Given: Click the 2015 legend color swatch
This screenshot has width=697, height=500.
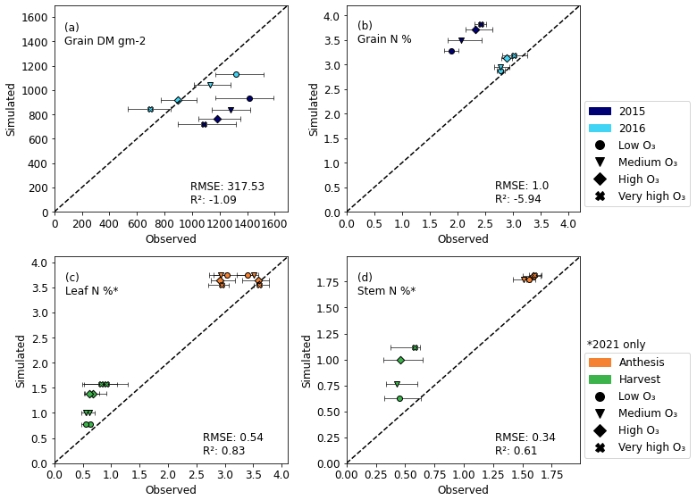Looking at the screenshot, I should (600, 112).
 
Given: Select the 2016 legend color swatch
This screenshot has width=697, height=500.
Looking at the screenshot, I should (600, 129).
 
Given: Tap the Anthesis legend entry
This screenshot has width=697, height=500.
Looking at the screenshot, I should (600, 362).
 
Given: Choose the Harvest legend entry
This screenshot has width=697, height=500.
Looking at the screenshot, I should (600, 379).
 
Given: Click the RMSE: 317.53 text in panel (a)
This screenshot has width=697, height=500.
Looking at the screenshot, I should (227, 187).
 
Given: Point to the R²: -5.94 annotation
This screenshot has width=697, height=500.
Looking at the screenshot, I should (519, 199).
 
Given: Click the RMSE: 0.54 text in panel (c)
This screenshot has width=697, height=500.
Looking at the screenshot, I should (232, 437).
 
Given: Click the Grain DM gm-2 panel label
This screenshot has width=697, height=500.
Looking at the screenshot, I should (105, 41).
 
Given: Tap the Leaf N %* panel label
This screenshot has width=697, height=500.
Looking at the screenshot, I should (91, 291).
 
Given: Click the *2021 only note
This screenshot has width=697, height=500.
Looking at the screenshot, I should (616, 345).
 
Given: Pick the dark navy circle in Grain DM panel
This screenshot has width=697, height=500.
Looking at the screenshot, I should (249, 98).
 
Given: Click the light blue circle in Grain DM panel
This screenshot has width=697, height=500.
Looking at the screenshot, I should (236, 74).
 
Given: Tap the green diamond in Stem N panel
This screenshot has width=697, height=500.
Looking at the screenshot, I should (400, 360).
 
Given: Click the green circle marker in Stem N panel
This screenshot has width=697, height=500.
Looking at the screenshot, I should (399, 398).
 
